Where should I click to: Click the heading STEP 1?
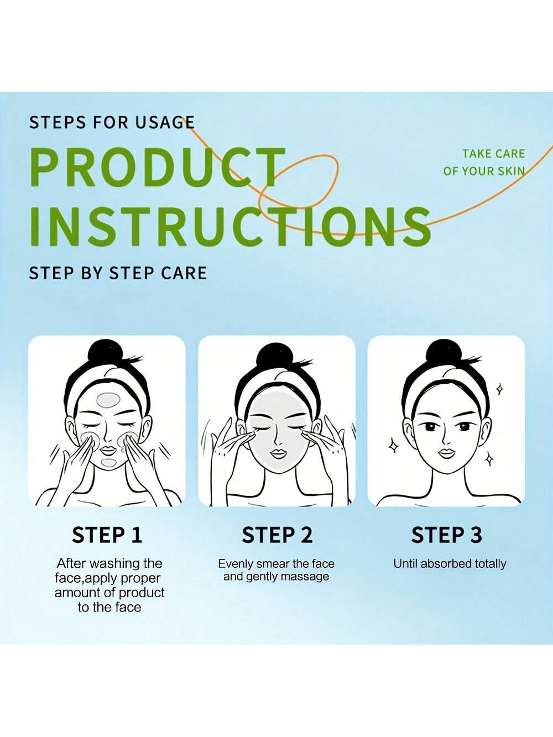coord(107,535)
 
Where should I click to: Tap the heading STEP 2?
coord(277,535)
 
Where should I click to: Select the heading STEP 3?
coord(447,535)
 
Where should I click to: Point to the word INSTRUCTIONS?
coord(230,227)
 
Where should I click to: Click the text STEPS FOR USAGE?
coord(112,123)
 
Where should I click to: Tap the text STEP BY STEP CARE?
coord(118,273)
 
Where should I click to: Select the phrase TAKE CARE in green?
coord(494,154)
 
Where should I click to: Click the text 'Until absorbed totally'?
coord(450,564)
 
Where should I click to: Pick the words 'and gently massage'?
coord(276,577)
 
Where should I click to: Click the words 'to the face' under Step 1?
coord(109,607)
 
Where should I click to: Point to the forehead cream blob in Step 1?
coord(108,400)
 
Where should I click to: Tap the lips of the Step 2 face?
coord(278,453)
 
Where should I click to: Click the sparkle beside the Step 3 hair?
coord(500,389)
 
